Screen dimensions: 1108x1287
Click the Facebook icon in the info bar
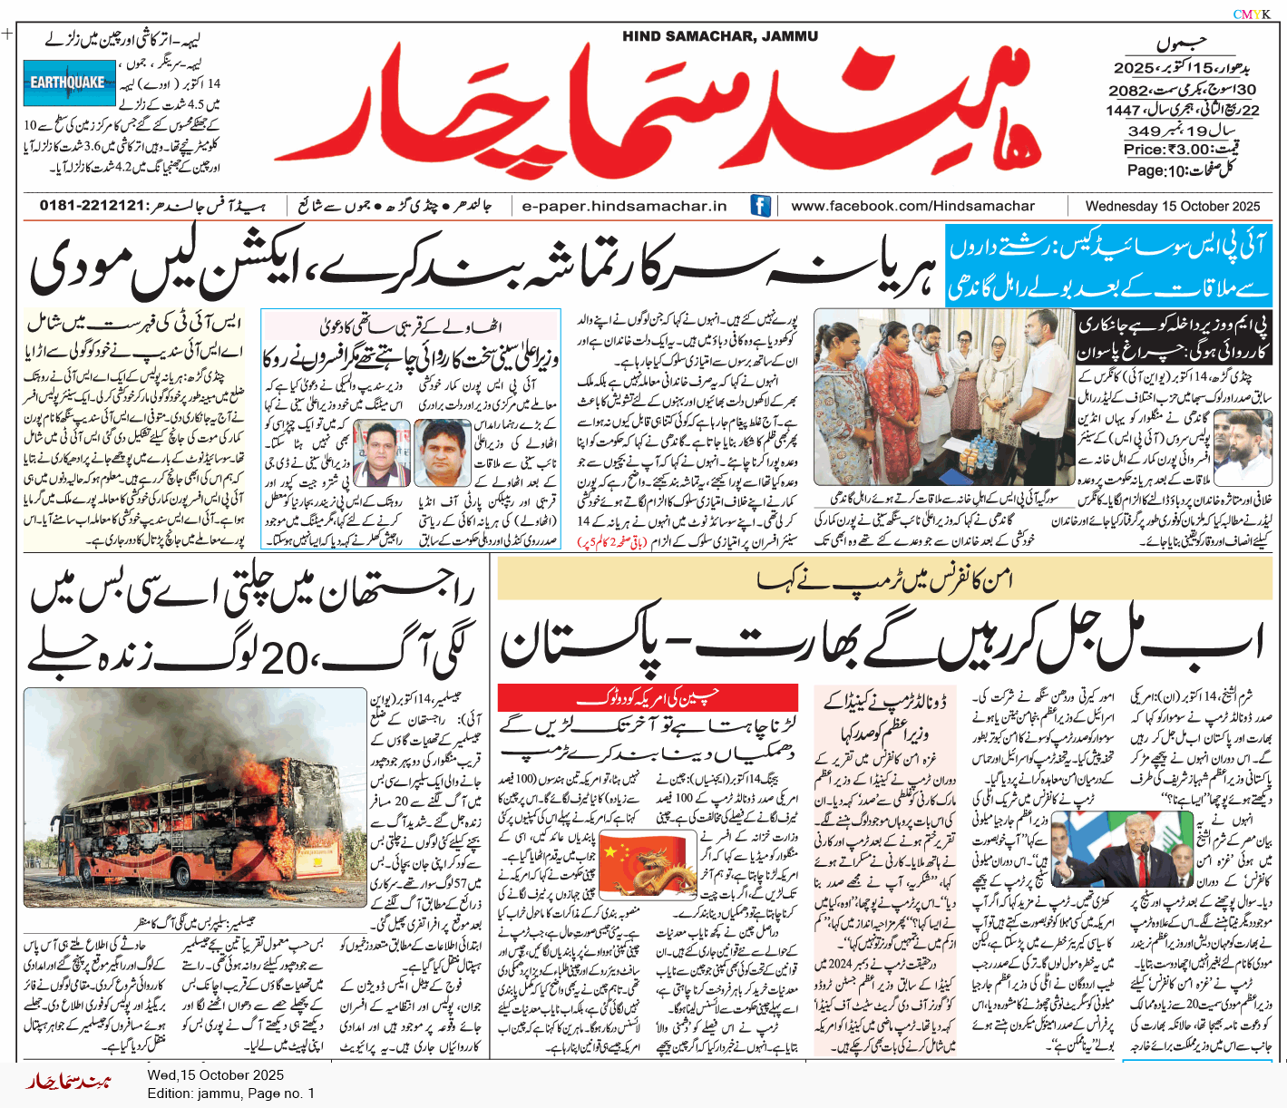(760, 206)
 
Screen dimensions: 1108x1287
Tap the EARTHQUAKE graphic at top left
(69, 83)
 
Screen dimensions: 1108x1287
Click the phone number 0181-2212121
(93, 206)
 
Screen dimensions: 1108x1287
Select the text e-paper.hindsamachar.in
(624, 206)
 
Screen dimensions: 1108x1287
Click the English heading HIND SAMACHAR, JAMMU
(720, 36)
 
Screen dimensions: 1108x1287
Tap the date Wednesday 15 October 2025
(1172, 206)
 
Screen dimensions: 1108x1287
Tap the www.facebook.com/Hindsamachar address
(912, 206)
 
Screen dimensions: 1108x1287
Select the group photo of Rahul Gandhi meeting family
(943, 397)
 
